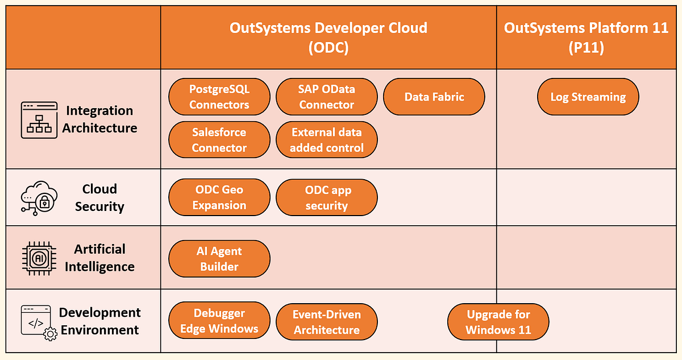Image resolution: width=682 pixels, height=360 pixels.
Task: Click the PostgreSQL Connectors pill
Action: coord(219,97)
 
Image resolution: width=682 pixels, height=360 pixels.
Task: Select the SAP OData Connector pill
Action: coord(326,97)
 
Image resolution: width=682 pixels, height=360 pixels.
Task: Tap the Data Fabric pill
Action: coord(434,97)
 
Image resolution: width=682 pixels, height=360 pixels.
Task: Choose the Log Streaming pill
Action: coord(588,97)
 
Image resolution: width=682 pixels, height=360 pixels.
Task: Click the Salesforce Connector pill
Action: coord(219,140)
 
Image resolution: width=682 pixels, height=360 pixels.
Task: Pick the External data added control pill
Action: coord(326,140)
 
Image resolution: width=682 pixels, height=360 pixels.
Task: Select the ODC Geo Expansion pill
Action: coord(219,197)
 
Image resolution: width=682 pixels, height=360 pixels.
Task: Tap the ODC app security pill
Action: coord(326,197)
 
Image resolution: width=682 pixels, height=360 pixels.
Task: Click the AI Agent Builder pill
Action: coord(219,259)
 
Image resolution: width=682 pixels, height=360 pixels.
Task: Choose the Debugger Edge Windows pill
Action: coord(219,321)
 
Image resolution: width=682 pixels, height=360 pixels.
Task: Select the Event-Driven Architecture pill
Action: coord(326,322)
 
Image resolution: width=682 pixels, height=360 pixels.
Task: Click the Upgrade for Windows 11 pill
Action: coord(498,322)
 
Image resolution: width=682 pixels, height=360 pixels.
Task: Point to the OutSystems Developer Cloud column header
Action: coord(328,37)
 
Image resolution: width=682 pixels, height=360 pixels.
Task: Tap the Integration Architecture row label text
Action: coord(99,119)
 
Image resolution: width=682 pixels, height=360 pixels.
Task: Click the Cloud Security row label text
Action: coord(99,197)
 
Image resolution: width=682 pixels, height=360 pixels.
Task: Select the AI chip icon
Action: coord(39,258)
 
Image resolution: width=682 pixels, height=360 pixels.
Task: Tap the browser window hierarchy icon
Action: coord(39,120)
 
